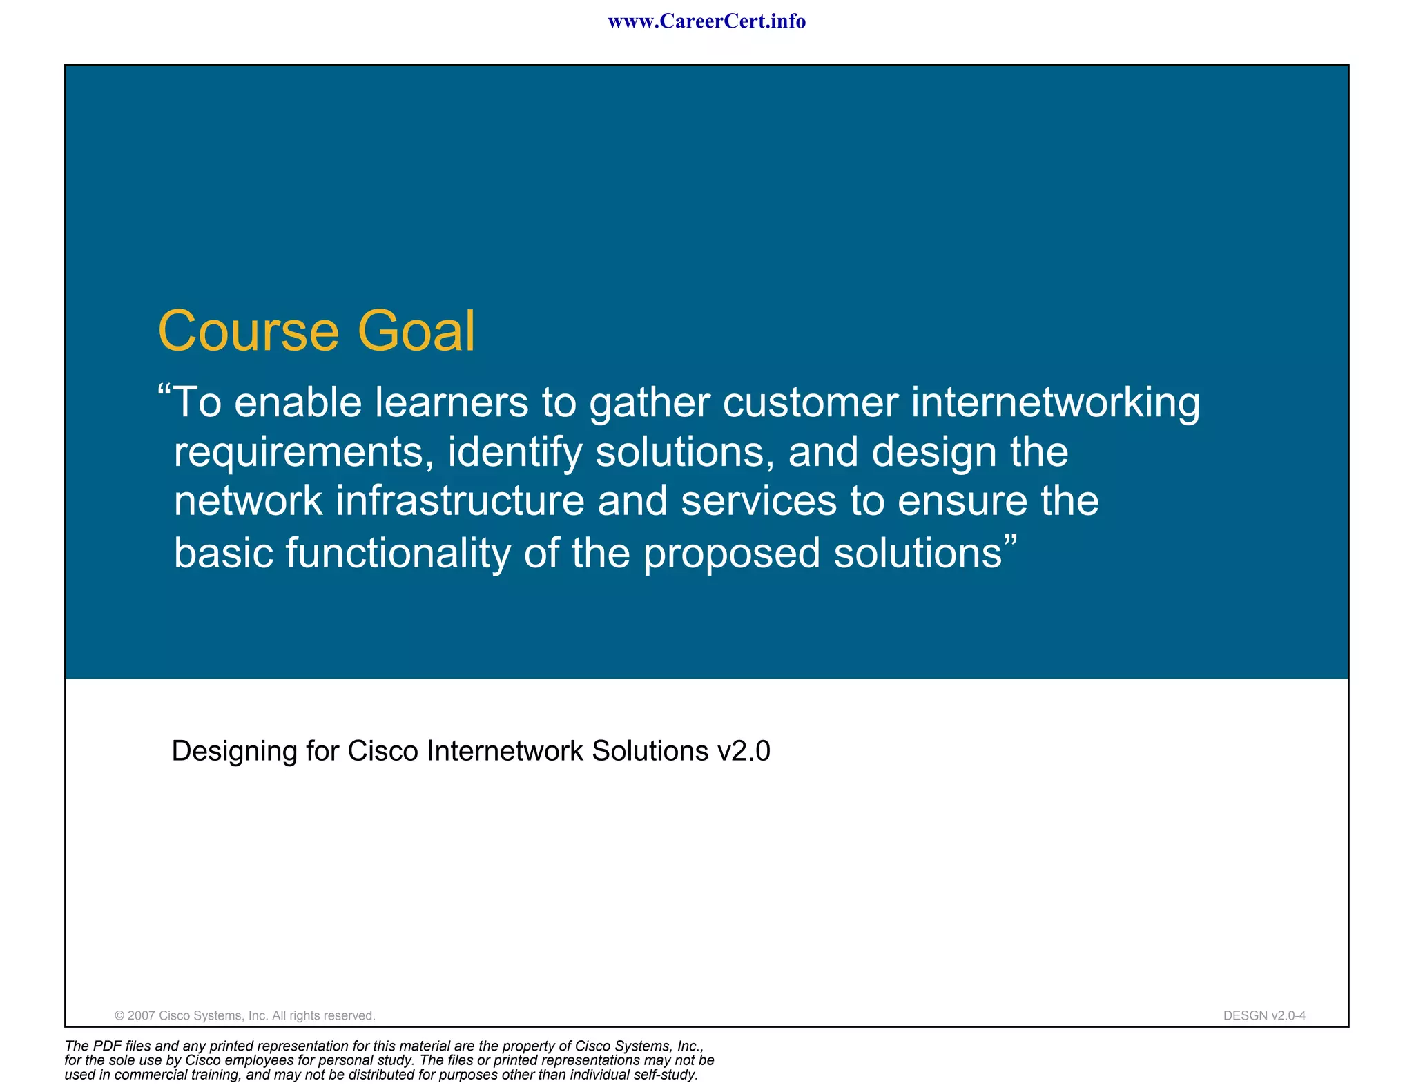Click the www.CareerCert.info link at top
point(706,21)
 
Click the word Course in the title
point(249,331)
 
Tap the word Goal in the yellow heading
point(416,331)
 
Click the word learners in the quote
point(451,402)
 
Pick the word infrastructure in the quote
point(460,501)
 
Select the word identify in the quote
point(515,454)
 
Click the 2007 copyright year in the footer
point(141,1015)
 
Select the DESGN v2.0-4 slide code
point(1264,1015)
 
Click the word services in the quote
point(758,501)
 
